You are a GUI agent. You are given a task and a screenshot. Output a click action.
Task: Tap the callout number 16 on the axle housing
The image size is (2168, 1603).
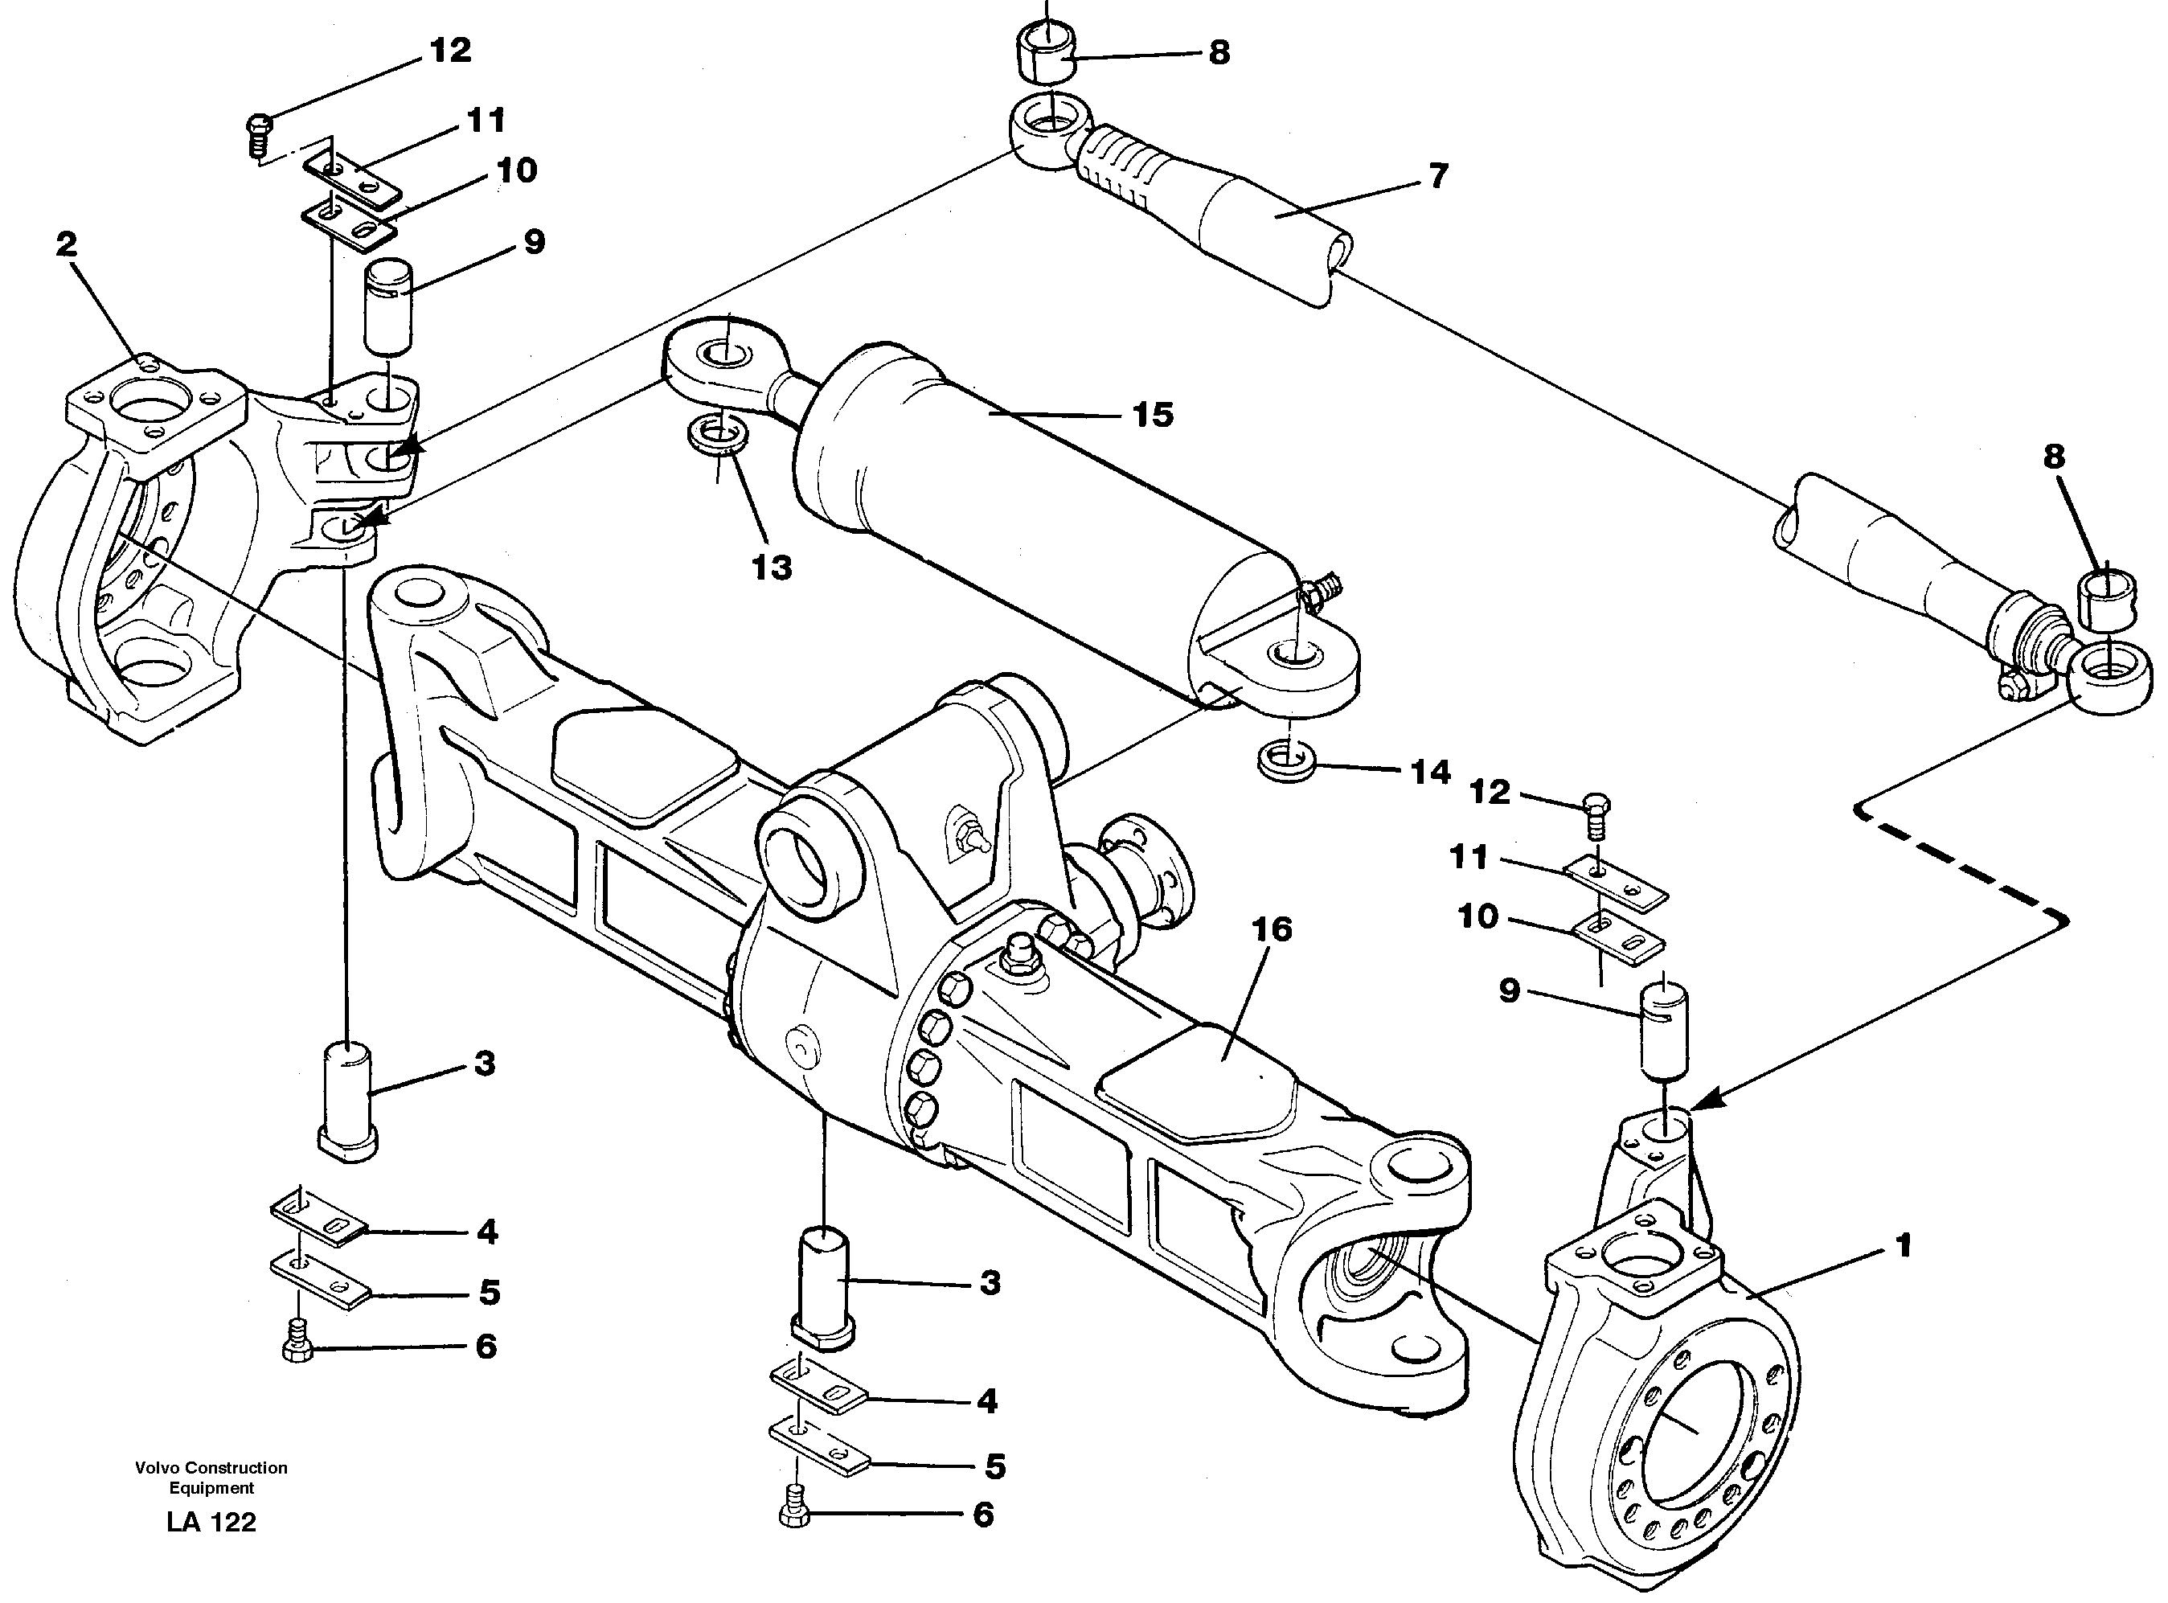[1272, 929]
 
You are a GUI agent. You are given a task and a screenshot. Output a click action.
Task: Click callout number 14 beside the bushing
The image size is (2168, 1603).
[1430, 773]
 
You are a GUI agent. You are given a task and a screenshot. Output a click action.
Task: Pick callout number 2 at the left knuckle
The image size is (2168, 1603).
[66, 244]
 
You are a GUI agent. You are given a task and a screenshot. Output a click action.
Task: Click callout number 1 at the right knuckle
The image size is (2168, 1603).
[1904, 1246]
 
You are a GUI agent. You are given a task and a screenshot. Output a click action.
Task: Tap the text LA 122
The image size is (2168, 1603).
[211, 1523]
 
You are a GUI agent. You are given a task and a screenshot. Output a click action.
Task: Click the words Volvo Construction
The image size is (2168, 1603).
[211, 1468]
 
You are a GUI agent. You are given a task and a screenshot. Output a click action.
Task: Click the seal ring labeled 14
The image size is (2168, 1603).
[1286, 759]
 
